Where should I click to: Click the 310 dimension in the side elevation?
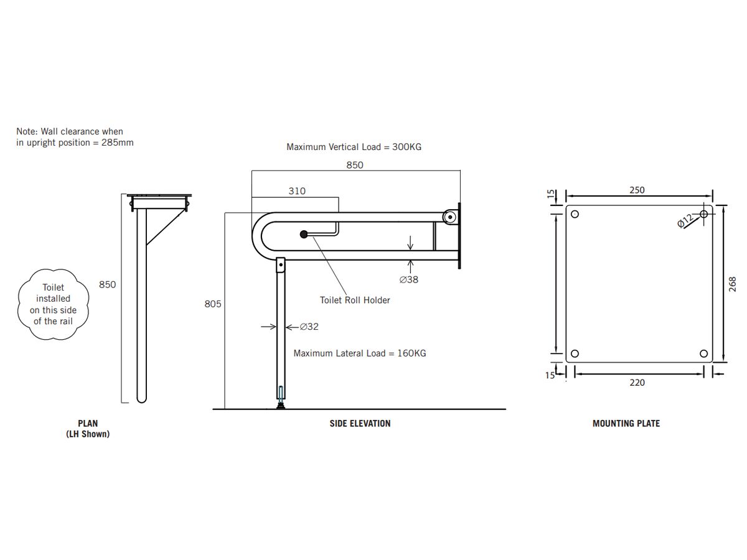pyautogui.click(x=297, y=191)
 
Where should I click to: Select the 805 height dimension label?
pyautogui.click(x=213, y=304)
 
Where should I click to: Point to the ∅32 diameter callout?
pyautogui.click(x=309, y=326)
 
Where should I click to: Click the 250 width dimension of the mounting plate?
pyautogui.click(x=637, y=190)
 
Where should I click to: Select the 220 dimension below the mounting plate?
pyautogui.click(x=637, y=383)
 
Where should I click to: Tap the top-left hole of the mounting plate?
pyautogui.click(x=575, y=215)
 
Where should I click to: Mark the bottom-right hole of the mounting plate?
pyautogui.click(x=704, y=353)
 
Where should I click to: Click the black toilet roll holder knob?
pyautogui.click(x=304, y=235)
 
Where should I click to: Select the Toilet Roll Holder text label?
pyautogui.click(x=355, y=300)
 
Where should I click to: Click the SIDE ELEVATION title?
pyautogui.click(x=360, y=423)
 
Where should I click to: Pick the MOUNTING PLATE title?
pyautogui.click(x=626, y=423)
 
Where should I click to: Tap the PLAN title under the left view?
pyautogui.click(x=88, y=423)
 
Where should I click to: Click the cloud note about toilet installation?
pyautogui.click(x=54, y=305)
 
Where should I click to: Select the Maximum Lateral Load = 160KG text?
pyautogui.click(x=360, y=353)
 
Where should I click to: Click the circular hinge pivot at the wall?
pyautogui.click(x=448, y=217)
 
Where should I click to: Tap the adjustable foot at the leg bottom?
pyautogui.click(x=281, y=405)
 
